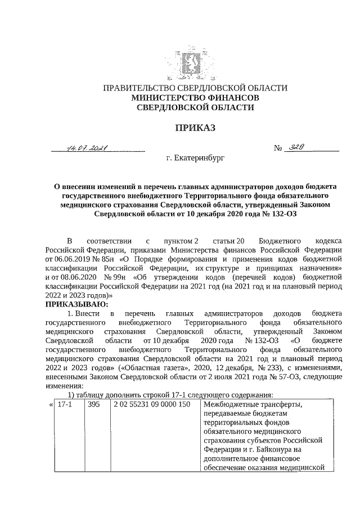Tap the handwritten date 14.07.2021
[87, 148]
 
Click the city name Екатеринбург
[196, 159]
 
